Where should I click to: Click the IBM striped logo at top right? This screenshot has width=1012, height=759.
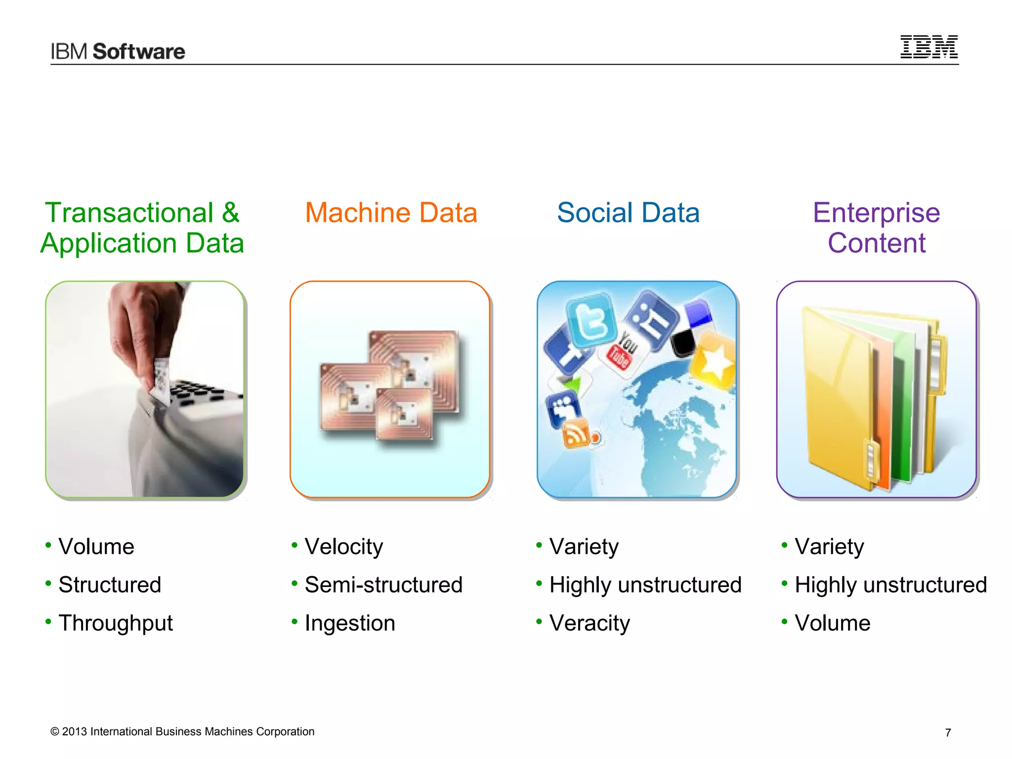928,47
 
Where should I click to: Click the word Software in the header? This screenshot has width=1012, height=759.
139,52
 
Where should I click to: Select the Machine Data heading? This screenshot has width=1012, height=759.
391,213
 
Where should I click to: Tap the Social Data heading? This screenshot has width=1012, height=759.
628,213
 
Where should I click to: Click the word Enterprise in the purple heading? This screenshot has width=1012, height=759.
876,213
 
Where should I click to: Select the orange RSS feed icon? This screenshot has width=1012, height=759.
576,433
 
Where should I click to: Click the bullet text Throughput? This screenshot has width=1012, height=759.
116,623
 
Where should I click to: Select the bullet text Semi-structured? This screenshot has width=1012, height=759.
383,585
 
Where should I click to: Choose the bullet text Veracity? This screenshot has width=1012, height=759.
590,623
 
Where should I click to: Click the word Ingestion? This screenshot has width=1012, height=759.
350,623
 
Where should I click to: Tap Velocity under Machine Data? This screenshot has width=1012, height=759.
343,547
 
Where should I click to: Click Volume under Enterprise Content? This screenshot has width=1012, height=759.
832,623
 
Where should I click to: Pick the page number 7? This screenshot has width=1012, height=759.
948,733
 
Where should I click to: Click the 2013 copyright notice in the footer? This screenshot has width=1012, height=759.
182,732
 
